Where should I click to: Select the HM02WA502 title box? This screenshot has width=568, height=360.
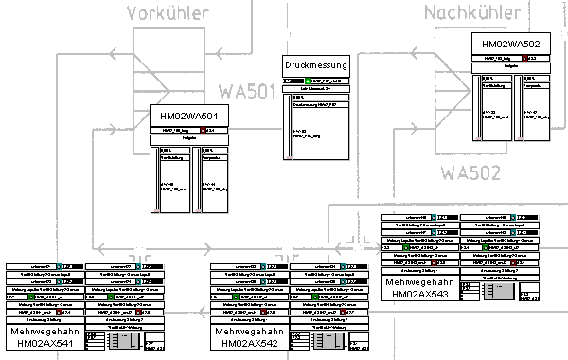(x=510, y=44)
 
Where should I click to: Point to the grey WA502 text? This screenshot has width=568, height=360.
(x=470, y=172)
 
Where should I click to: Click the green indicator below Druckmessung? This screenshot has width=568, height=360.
(x=306, y=82)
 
